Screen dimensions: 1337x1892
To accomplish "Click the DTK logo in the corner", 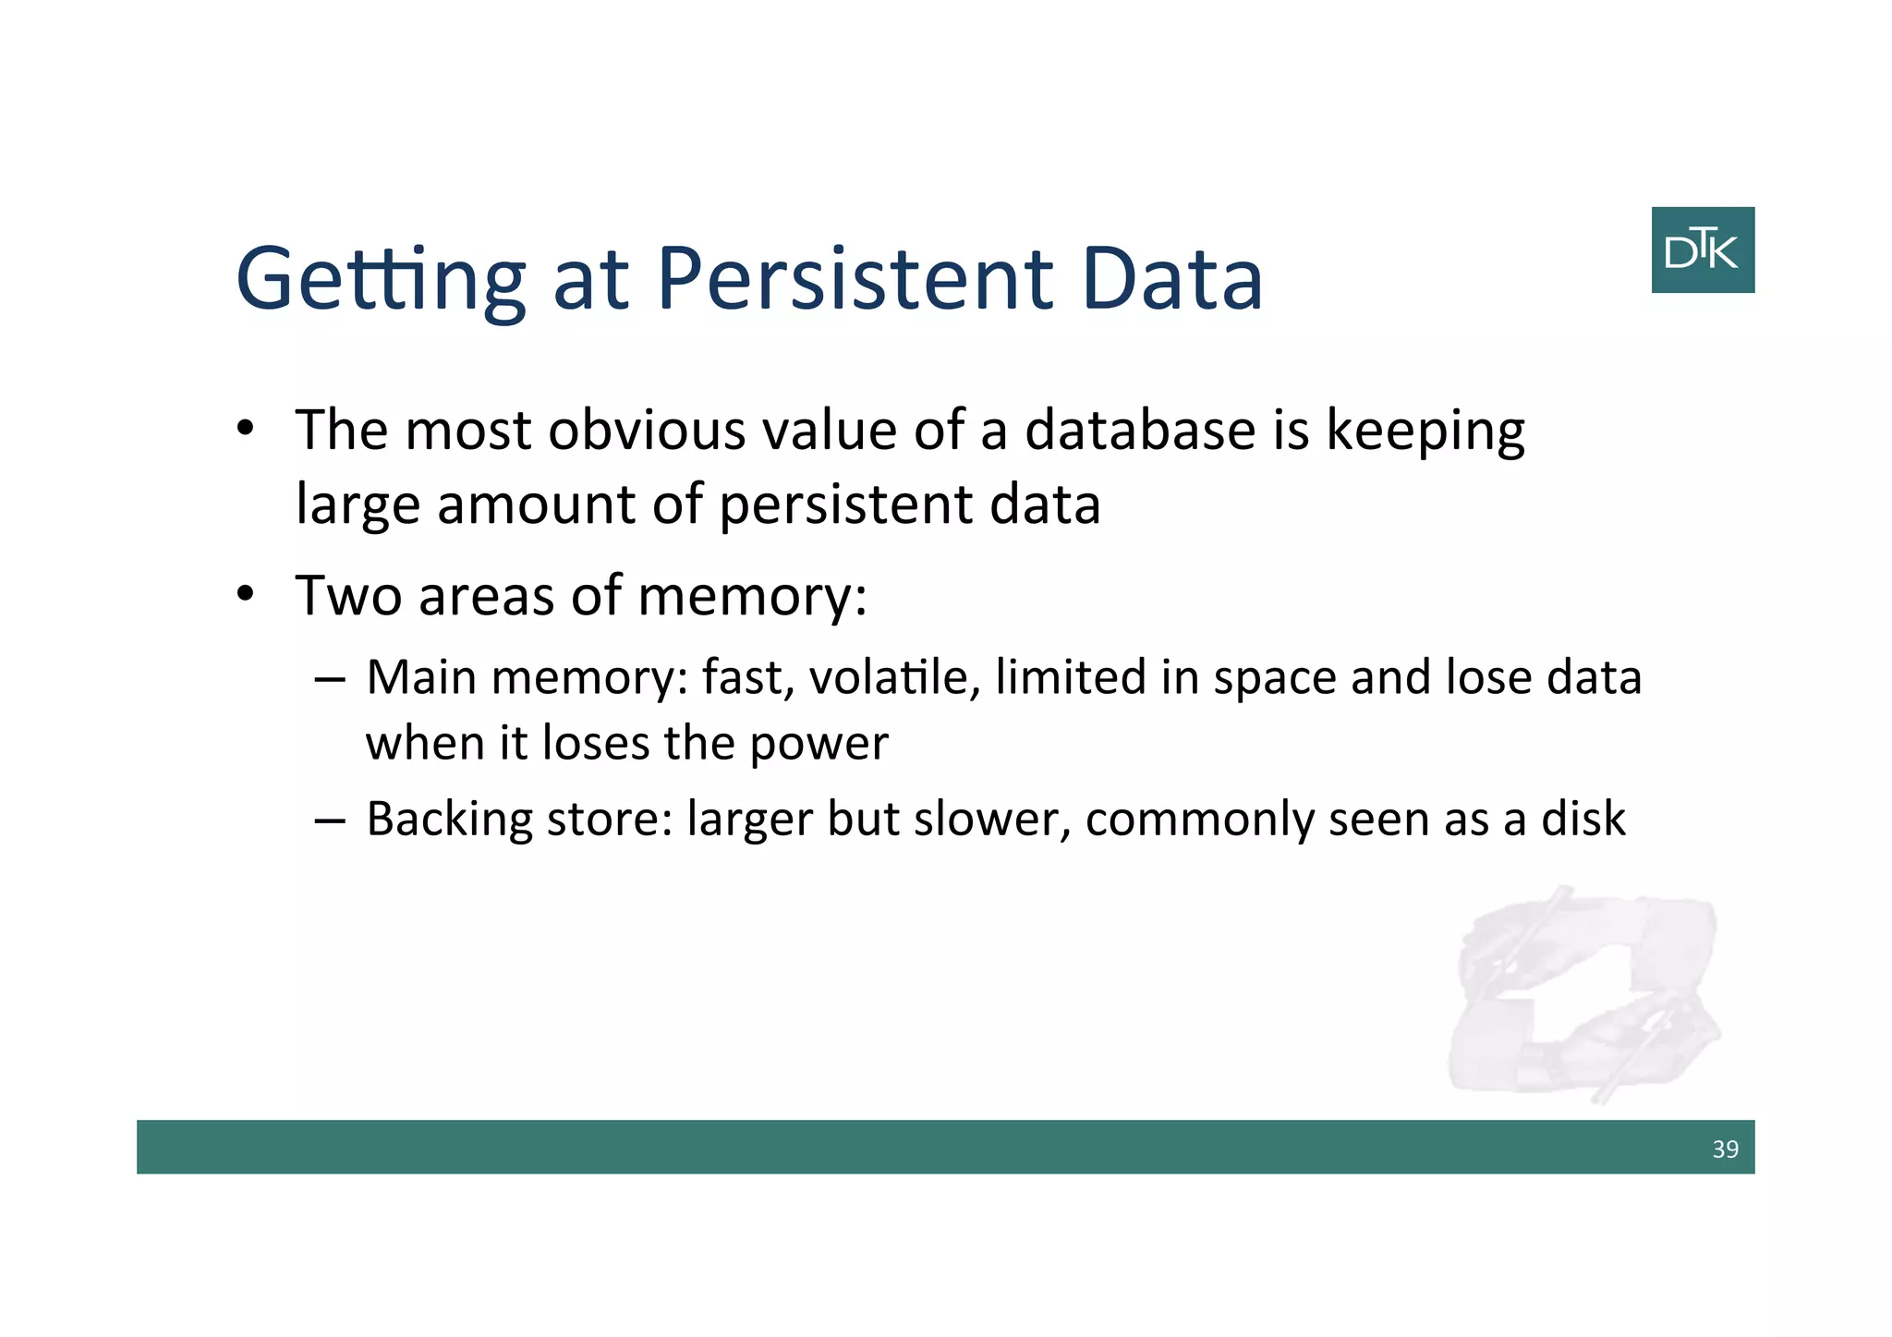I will pos(1702,249).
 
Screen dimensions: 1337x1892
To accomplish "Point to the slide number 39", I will pos(1724,1149).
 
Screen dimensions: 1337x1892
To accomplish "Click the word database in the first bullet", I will pos(1140,431).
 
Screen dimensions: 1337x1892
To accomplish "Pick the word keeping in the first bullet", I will pos(1425,432).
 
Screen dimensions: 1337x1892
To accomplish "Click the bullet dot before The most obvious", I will pos(244,430).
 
